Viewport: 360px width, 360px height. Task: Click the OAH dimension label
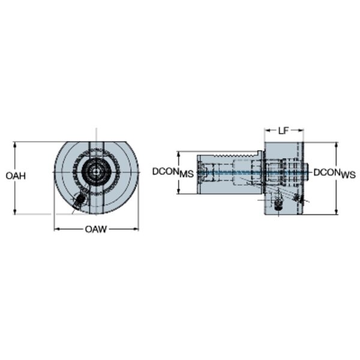click(16, 176)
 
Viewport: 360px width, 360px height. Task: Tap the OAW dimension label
click(96, 229)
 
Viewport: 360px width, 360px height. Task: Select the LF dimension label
click(283, 131)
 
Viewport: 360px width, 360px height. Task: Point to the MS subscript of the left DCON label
click(187, 174)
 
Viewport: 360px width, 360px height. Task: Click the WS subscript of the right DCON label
click(348, 175)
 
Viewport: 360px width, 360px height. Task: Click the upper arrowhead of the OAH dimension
click(15, 145)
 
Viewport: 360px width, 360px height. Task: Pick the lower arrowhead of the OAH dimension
click(15, 211)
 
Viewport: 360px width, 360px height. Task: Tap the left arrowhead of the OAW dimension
click(57, 229)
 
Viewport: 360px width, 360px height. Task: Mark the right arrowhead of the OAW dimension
click(136, 229)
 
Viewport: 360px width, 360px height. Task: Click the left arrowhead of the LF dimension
click(268, 130)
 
